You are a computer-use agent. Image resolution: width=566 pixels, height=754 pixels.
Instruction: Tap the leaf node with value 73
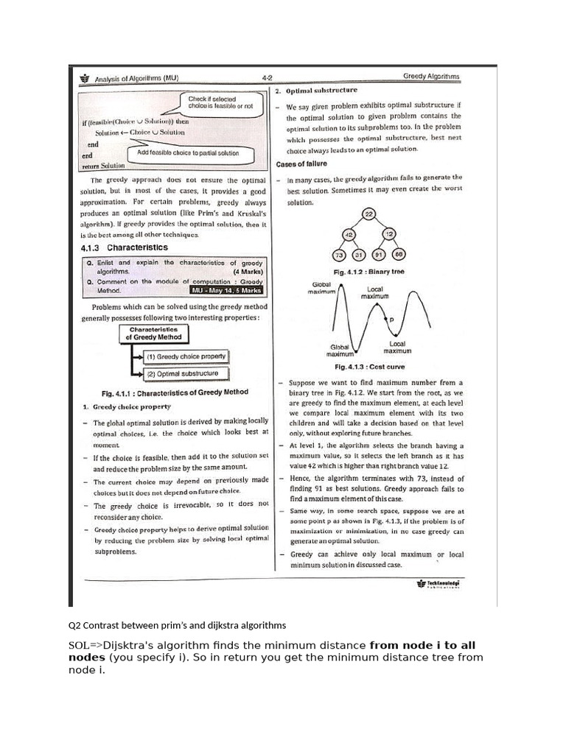(x=340, y=256)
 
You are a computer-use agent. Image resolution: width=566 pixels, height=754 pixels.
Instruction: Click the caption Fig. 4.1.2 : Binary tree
(x=369, y=272)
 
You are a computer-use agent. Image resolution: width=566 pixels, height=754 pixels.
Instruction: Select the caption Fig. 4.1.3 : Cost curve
(x=369, y=366)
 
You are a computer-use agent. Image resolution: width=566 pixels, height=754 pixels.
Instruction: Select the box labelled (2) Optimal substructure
(x=181, y=374)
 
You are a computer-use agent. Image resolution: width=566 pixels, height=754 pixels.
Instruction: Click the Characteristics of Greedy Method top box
(x=154, y=333)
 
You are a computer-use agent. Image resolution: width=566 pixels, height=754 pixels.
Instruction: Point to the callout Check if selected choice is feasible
(x=220, y=102)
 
